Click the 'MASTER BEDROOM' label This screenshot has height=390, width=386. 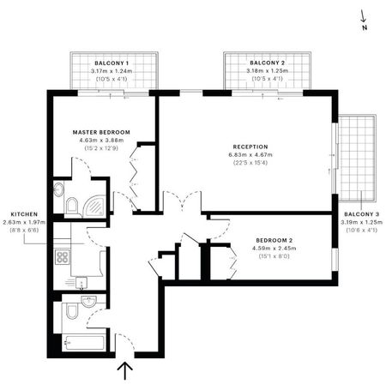101,132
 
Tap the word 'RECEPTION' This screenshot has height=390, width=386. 250,146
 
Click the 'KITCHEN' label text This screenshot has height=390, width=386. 23,214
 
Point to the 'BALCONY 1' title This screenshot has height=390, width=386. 112,63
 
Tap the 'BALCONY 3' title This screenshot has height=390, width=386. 360,213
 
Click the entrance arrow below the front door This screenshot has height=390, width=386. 125,370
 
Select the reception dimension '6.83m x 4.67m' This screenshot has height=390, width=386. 250,154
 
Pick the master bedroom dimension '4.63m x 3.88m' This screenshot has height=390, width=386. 101,141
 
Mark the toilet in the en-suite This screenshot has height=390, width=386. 73,204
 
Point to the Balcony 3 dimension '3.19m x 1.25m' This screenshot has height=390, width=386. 360,222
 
